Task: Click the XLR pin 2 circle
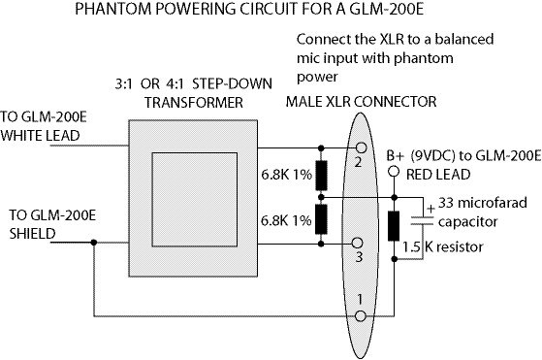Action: (361, 148)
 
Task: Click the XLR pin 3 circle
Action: (358, 244)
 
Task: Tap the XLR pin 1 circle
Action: (360, 316)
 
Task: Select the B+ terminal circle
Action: (394, 171)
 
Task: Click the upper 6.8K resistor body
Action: (322, 176)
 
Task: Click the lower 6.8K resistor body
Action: (321, 219)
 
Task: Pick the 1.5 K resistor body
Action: (394, 226)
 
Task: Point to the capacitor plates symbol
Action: (422, 221)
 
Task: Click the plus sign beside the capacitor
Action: (430, 209)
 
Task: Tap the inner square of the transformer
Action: (195, 200)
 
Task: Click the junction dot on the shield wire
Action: (94, 243)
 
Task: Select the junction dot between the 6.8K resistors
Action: (321, 197)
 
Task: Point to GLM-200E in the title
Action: (387, 9)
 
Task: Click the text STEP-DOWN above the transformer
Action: (232, 84)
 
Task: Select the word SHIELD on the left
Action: (33, 234)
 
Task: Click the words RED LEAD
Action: (438, 175)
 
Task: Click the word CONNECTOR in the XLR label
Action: (396, 102)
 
